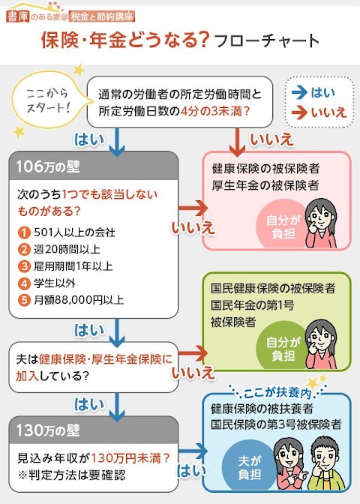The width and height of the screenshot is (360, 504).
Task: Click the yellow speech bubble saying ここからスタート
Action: (x=48, y=100)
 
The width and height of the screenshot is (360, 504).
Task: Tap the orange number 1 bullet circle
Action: (x=24, y=232)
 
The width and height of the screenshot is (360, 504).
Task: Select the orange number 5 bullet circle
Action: (x=24, y=300)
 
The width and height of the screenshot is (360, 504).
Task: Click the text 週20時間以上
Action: (x=67, y=250)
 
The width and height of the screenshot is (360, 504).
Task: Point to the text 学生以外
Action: (x=55, y=283)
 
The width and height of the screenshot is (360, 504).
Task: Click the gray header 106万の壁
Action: (x=94, y=166)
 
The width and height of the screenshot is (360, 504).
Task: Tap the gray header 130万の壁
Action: (x=94, y=430)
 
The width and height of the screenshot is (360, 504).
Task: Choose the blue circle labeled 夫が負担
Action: (x=250, y=466)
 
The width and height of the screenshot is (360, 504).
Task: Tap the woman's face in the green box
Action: (x=321, y=337)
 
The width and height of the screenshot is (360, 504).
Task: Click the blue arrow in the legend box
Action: (x=299, y=93)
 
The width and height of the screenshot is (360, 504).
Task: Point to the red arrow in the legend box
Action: (x=299, y=112)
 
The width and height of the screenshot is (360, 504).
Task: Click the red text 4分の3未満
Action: (x=215, y=111)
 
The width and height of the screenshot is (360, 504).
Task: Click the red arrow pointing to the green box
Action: (x=193, y=353)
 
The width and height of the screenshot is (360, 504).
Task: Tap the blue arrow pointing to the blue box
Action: (x=193, y=451)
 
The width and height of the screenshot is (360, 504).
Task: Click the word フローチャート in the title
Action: (x=266, y=40)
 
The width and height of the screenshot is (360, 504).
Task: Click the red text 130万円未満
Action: (x=130, y=458)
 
